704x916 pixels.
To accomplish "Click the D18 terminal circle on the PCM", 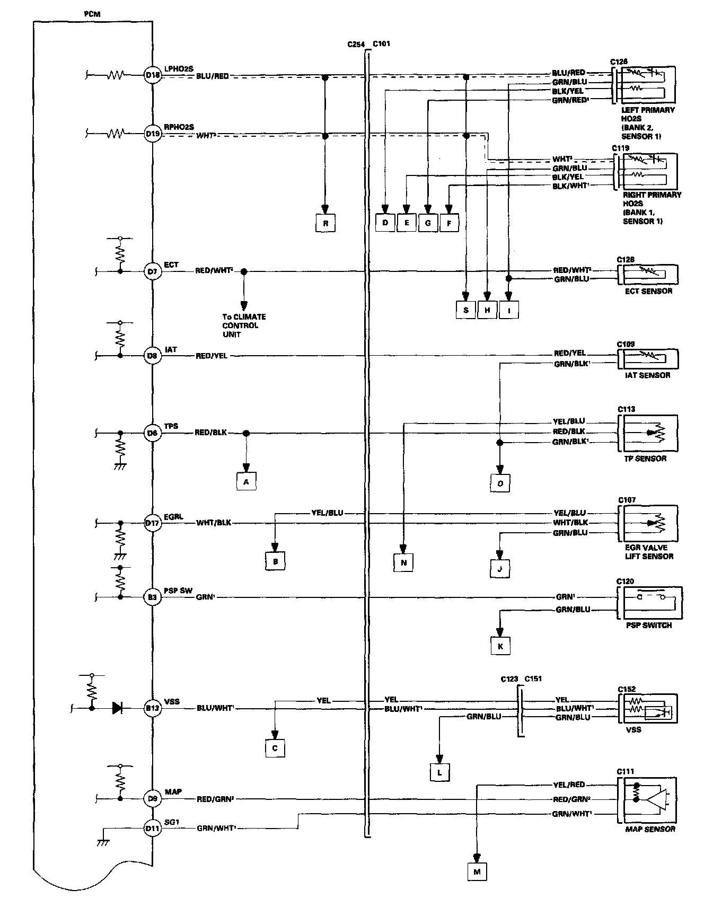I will click(153, 75).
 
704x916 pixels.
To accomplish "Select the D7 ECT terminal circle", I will click(153, 272).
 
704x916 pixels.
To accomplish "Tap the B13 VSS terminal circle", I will click(153, 707).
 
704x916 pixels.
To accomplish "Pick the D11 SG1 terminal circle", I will click(153, 827).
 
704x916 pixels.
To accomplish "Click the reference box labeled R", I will click(325, 223).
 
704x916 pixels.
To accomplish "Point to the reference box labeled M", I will click(477, 871).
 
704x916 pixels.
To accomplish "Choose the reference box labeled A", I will click(246, 481).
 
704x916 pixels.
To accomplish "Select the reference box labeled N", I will click(403, 562).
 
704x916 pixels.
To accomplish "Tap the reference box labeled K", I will click(500, 646).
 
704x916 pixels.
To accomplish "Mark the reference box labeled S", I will click(466, 310).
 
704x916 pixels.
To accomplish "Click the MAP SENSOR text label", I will click(650, 829).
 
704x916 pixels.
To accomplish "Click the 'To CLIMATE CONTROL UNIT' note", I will click(244, 325).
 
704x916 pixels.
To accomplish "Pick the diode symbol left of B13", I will click(118, 707).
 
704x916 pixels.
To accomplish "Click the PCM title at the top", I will click(92, 14).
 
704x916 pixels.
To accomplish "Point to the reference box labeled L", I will click(439, 772).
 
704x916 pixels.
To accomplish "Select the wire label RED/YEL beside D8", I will click(212, 356).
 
